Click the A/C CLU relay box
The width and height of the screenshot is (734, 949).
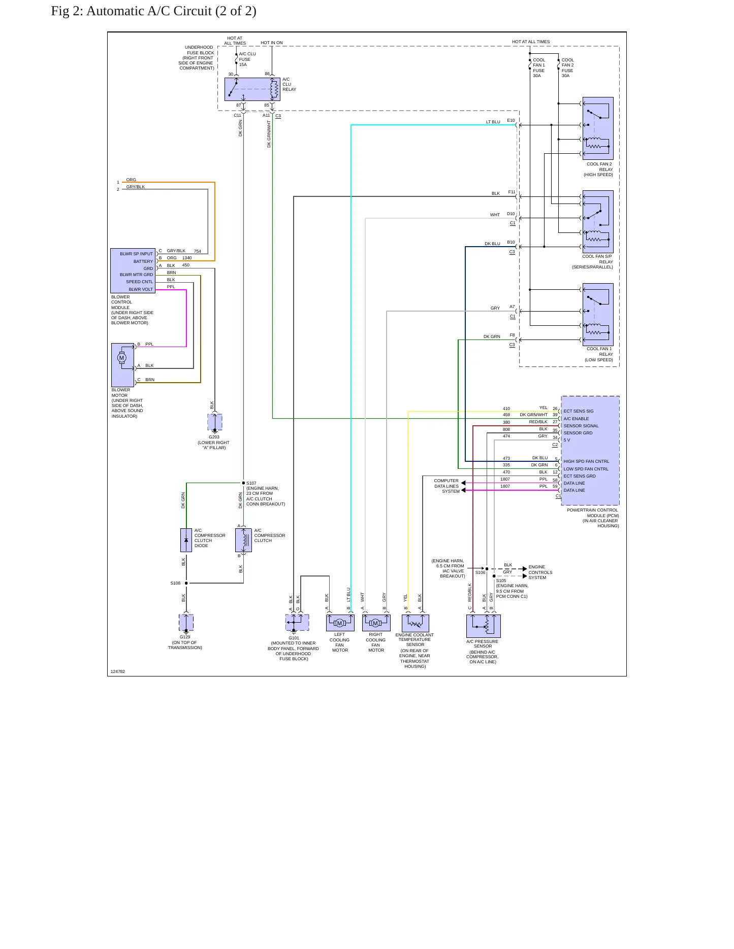click(x=252, y=89)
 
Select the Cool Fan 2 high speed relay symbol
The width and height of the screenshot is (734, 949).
click(x=598, y=128)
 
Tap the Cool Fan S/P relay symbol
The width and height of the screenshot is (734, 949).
click(x=598, y=222)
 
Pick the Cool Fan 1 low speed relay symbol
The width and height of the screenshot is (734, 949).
click(x=598, y=315)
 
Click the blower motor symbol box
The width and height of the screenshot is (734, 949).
click(x=122, y=365)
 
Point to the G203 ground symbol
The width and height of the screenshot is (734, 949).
click(x=215, y=422)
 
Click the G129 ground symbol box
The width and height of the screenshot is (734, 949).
click(x=186, y=622)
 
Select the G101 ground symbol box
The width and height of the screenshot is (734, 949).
click(x=297, y=622)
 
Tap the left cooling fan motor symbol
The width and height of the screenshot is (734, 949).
click(x=340, y=623)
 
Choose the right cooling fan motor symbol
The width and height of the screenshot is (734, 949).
click(x=376, y=623)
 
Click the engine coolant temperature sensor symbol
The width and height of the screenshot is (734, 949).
click(x=415, y=623)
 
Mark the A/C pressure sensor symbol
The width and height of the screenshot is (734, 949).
click(x=483, y=626)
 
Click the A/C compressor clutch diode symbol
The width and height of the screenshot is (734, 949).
click(x=186, y=540)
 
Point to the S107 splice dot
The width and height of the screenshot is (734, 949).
click(x=243, y=483)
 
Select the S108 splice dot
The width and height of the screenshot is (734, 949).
click(x=186, y=583)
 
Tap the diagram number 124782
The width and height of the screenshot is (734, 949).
click(x=118, y=671)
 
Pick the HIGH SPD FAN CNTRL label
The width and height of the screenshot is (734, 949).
click(x=586, y=461)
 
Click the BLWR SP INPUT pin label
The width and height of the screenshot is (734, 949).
click(x=136, y=254)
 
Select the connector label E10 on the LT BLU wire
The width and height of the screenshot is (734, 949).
click(x=511, y=120)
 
